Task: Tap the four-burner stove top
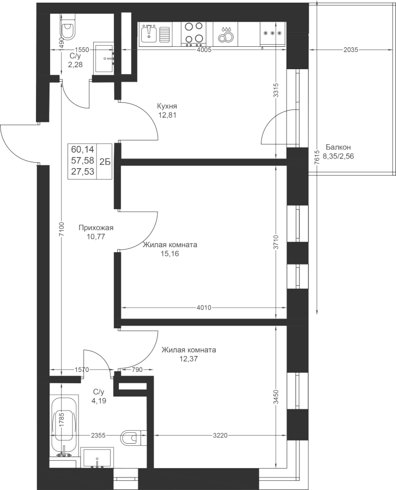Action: pyautogui.click(x=193, y=33)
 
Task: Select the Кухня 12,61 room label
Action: pyautogui.click(x=168, y=111)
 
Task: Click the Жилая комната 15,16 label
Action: pyautogui.click(x=169, y=249)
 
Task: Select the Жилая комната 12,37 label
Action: pyautogui.click(x=188, y=354)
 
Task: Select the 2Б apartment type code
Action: pyautogui.click(x=106, y=161)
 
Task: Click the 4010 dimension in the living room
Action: pyautogui.click(x=203, y=308)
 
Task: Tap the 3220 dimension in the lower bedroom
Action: pyautogui.click(x=220, y=435)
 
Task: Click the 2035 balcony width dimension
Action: pyautogui.click(x=351, y=50)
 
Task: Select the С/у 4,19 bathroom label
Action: pyautogui.click(x=98, y=396)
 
